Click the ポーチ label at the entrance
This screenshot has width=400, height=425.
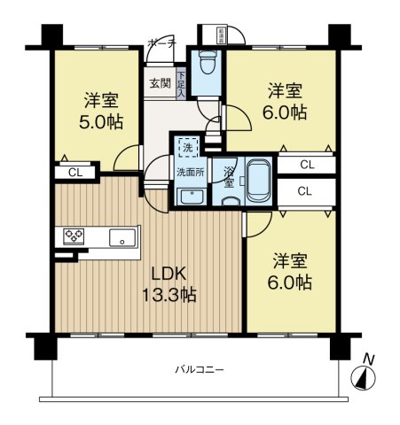pyautogui.click(x=161, y=42)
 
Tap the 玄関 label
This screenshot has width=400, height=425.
pyautogui.click(x=160, y=84)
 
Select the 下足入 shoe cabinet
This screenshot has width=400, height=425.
pyautogui.click(x=181, y=84)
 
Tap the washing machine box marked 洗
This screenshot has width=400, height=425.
pyautogui.click(x=187, y=147)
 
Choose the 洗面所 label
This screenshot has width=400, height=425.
pyautogui.click(x=189, y=171)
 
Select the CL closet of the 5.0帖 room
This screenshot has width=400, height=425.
pyautogui.click(x=75, y=172)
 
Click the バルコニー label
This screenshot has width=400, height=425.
pyautogui.click(x=193, y=369)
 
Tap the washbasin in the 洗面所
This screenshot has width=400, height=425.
pyautogui.click(x=192, y=197)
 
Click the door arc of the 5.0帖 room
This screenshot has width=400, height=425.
pyautogui.click(x=126, y=156)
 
